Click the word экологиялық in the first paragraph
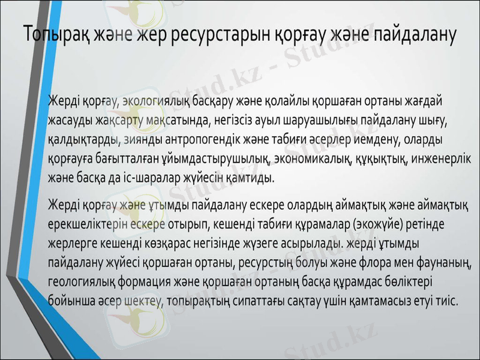(x=155, y=100)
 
